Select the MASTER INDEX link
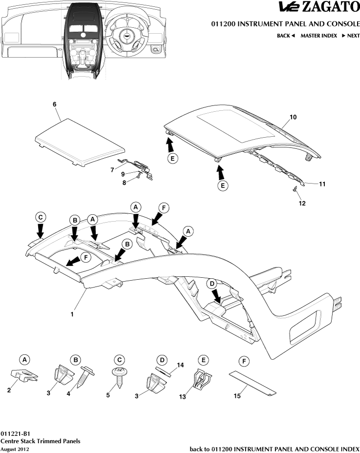[318, 36]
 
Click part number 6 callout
[54, 104]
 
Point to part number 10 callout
[293, 117]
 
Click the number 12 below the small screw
[302, 203]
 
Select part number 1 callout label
[72, 314]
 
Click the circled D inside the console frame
[212, 284]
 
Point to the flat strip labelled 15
[253, 383]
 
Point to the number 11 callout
[322, 185]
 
